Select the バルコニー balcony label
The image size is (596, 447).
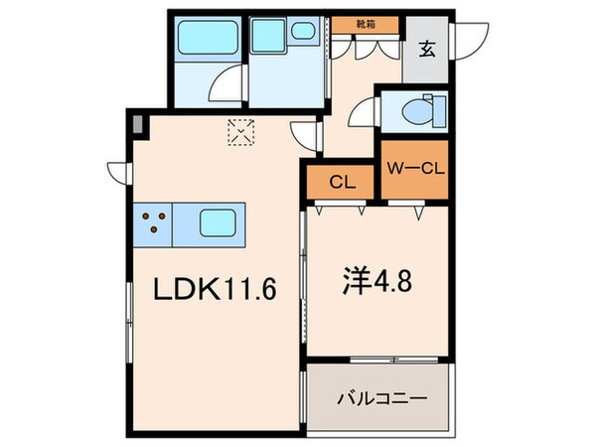[x=382, y=398]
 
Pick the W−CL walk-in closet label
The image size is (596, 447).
[x=415, y=167]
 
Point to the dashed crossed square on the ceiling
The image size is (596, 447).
[x=241, y=131]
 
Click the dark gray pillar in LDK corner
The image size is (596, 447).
[x=136, y=126]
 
